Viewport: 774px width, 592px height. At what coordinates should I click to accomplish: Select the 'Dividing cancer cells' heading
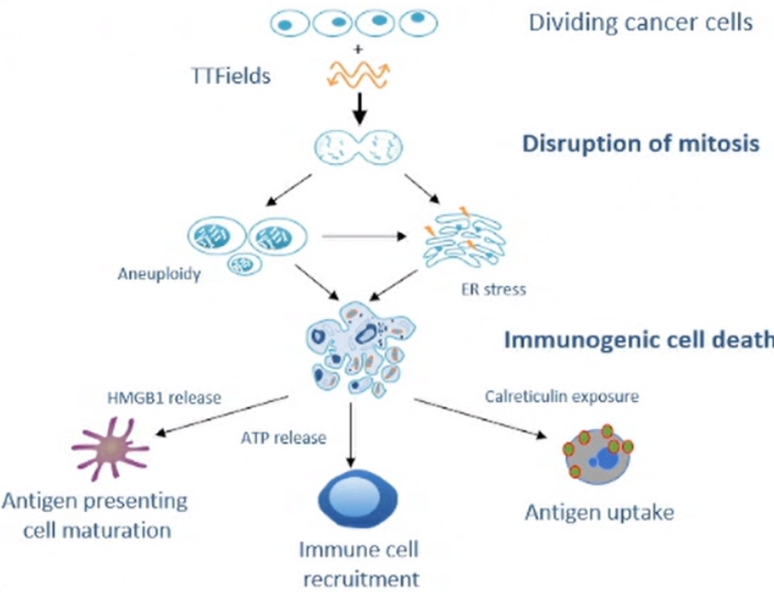pyautogui.click(x=640, y=22)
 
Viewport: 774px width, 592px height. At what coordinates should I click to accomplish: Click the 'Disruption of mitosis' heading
pyautogui.click(x=640, y=144)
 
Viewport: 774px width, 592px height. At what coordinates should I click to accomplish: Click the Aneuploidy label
pyautogui.click(x=159, y=274)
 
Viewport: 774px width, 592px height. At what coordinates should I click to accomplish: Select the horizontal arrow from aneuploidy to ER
pyautogui.click(x=364, y=236)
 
